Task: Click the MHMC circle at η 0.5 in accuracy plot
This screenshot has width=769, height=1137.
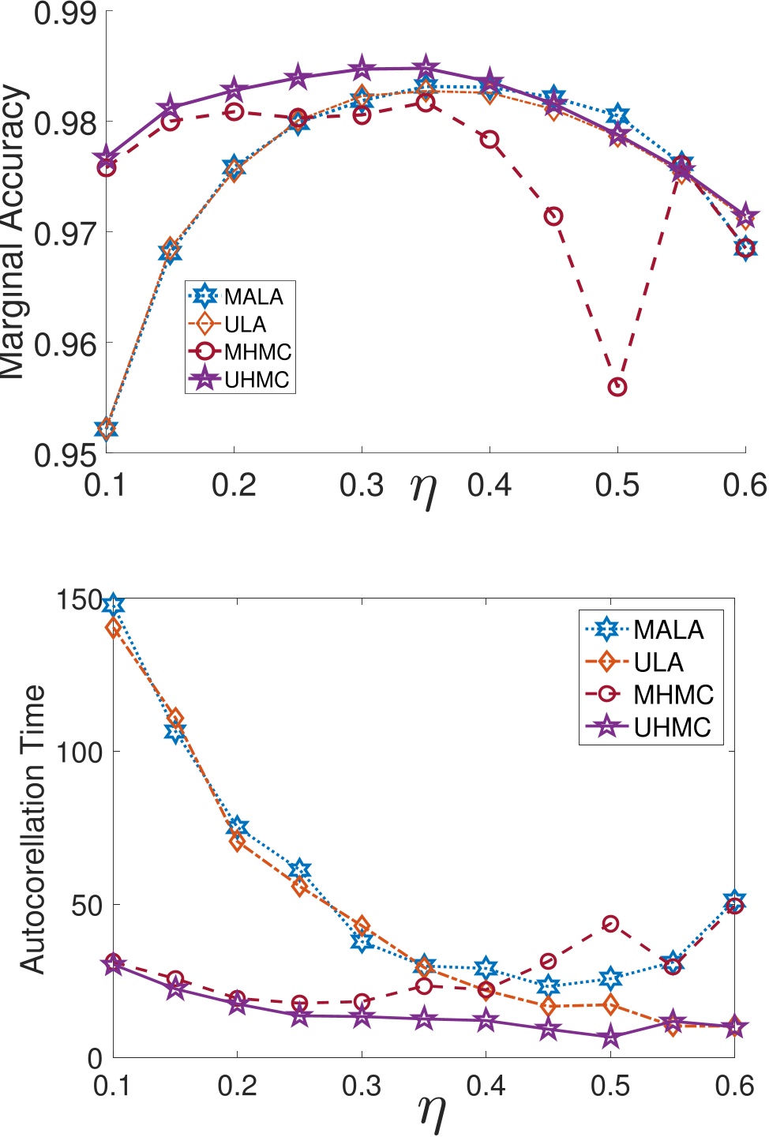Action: [617, 387]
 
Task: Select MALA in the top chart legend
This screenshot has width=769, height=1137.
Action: [253, 297]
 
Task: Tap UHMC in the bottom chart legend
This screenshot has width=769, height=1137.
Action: [672, 727]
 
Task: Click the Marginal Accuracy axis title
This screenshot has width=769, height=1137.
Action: [14, 233]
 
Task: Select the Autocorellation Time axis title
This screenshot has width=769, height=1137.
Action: [32, 829]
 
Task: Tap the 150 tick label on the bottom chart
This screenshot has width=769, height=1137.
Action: [79, 600]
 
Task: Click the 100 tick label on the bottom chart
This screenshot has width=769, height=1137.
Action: [79, 752]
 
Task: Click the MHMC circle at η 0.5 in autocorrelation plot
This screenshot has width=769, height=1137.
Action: [610, 924]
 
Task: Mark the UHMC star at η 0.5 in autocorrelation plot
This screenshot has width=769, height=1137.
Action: [610, 1037]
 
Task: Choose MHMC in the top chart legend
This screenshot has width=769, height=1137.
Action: [257, 352]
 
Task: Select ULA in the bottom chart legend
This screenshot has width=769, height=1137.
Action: [658, 662]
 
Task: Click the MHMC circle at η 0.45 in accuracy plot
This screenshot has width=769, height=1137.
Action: [553, 216]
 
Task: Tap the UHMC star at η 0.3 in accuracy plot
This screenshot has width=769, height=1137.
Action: [362, 68]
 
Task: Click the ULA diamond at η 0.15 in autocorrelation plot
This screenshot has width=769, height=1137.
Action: [175, 719]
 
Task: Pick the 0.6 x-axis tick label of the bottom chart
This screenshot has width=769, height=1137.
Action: [735, 1086]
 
